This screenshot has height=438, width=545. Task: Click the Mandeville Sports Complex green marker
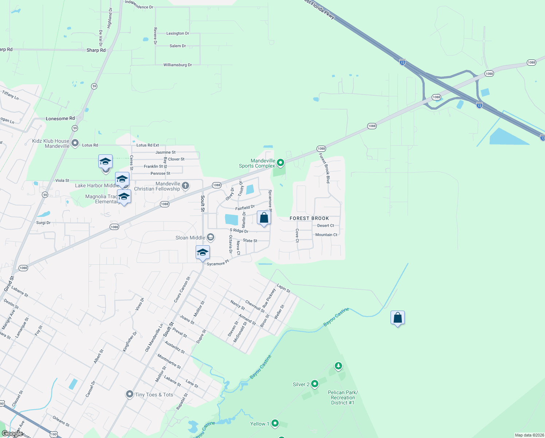[x=280, y=162]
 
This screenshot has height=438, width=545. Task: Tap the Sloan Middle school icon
[x=210, y=238]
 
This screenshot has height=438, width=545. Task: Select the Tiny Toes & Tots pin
[x=129, y=394]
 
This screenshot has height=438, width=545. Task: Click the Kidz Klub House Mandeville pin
[x=75, y=143]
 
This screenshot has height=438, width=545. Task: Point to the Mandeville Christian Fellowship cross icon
[x=185, y=186]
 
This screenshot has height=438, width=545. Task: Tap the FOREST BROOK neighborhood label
[x=309, y=218]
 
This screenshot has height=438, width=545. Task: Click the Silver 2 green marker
[x=315, y=384]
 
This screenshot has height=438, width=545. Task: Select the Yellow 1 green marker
[x=275, y=423]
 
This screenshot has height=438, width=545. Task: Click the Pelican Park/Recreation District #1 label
[x=342, y=397]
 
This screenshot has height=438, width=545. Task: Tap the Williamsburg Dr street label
[x=177, y=65]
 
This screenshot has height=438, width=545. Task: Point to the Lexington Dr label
[x=178, y=34]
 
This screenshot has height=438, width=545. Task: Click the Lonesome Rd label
[x=60, y=119]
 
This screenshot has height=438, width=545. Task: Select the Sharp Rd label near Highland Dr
[x=96, y=50]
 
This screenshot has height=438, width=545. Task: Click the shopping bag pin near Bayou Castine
[x=397, y=318]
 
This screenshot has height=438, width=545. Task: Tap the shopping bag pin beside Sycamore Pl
[x=264, y=218]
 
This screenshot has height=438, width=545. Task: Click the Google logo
[x=12, y=433]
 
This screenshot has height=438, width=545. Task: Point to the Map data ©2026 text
[x=529, y=435]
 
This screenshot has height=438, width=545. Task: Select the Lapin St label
[x=283, y=288]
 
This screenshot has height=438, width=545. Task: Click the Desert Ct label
[x=325, y=226]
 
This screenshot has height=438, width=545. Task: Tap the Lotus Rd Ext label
[x=148, y=145]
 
